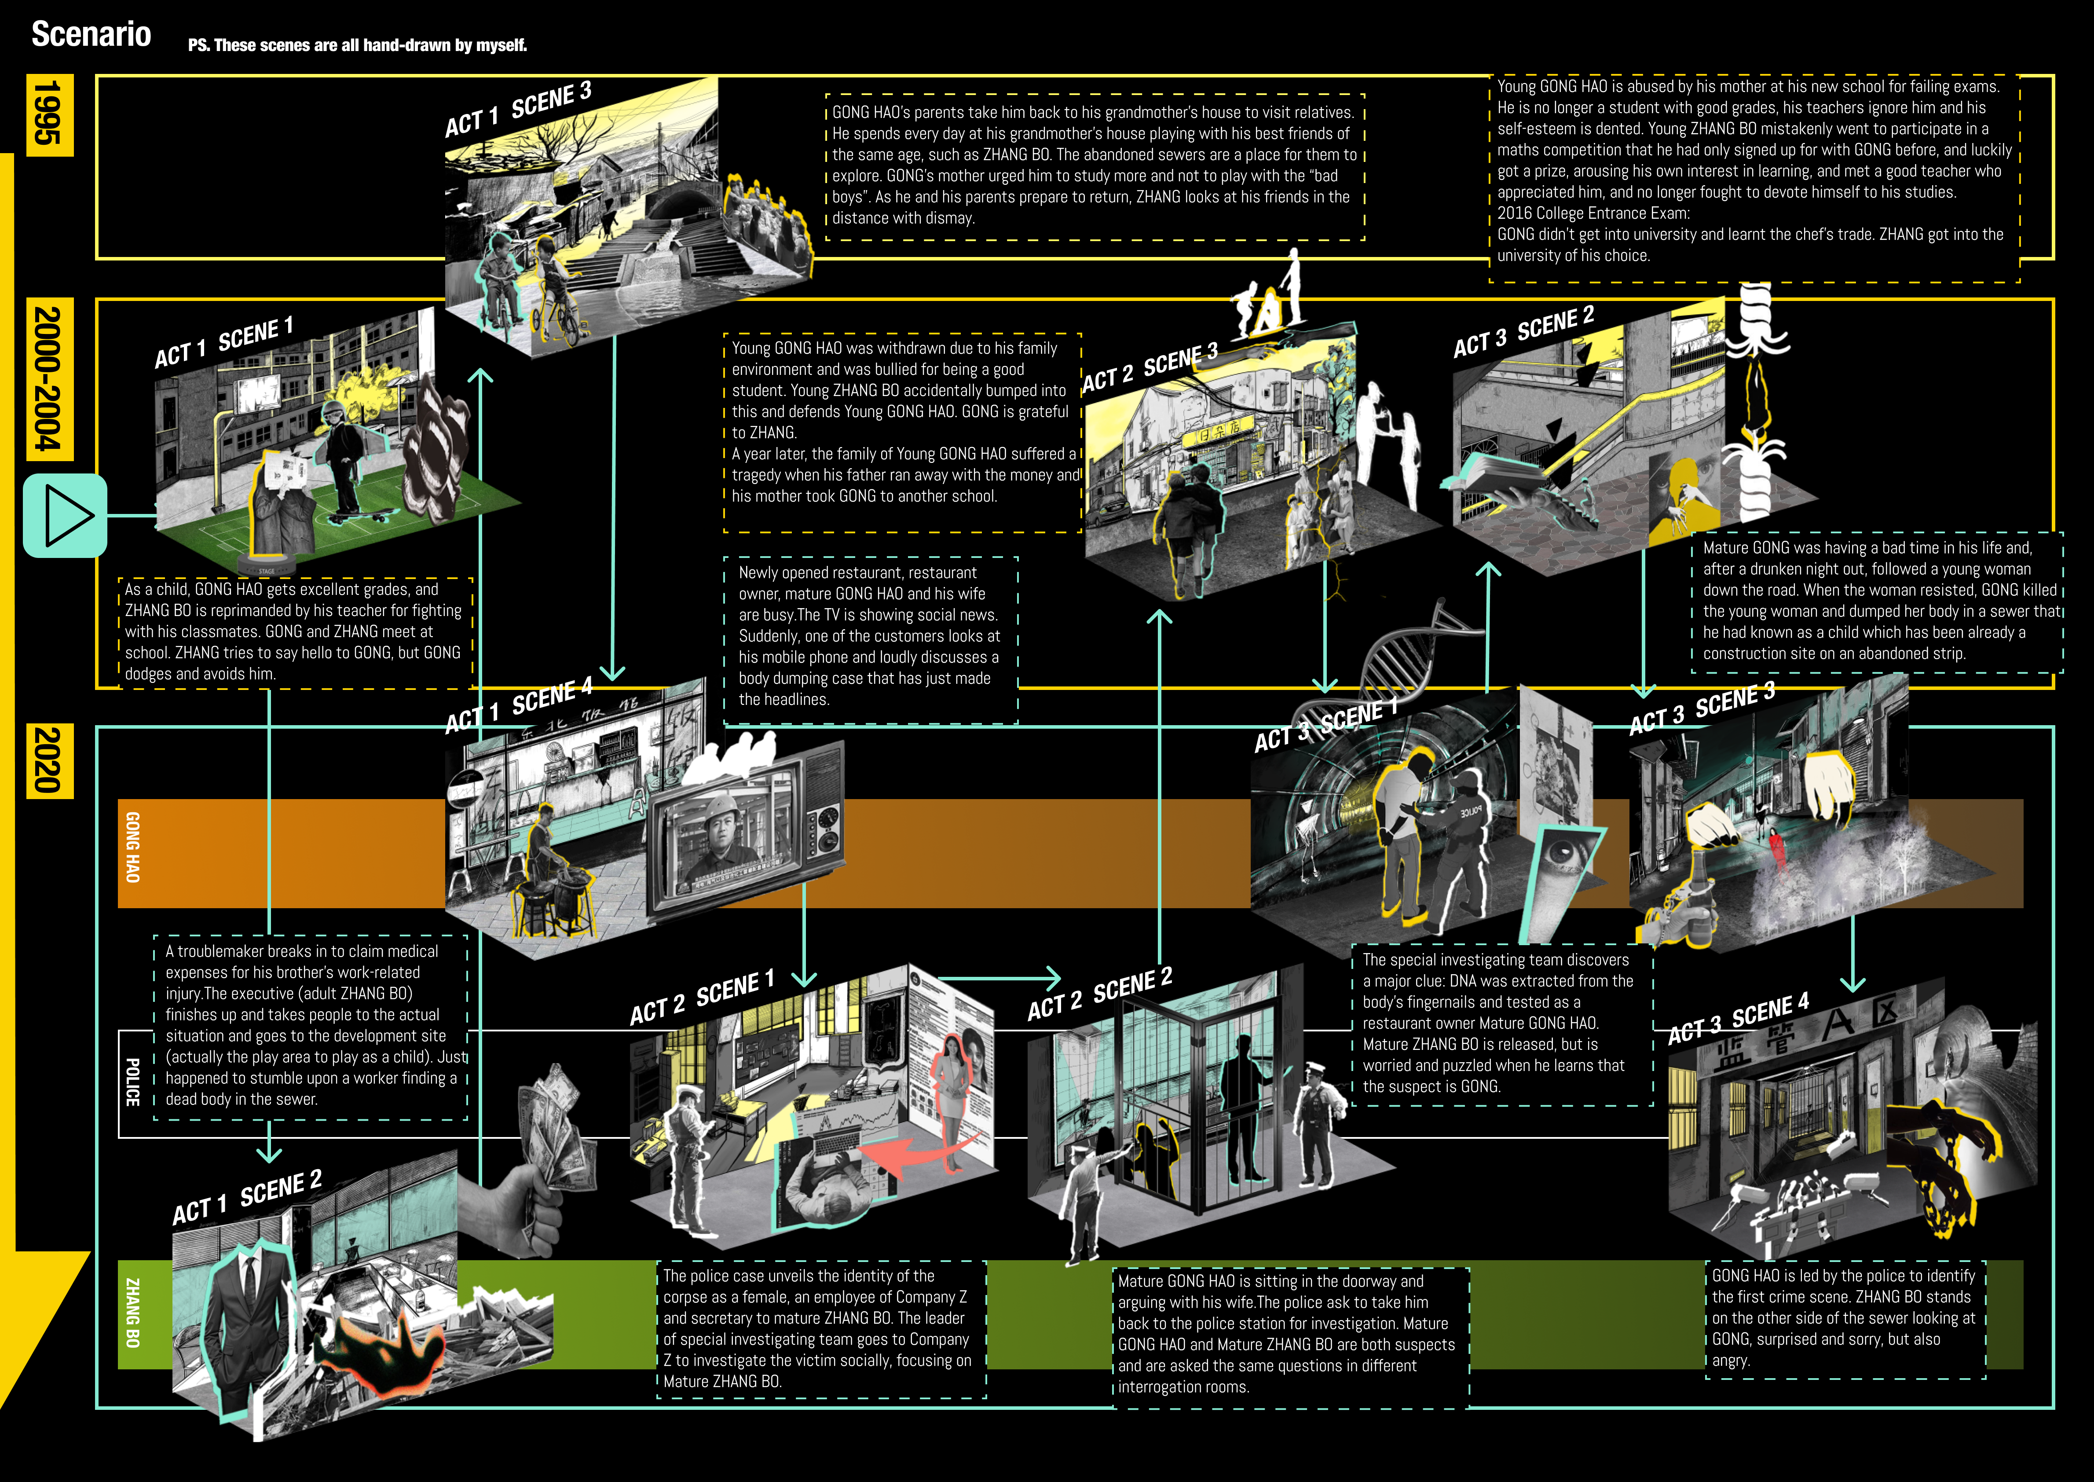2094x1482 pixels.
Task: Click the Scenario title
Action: click(x=91, y=35)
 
